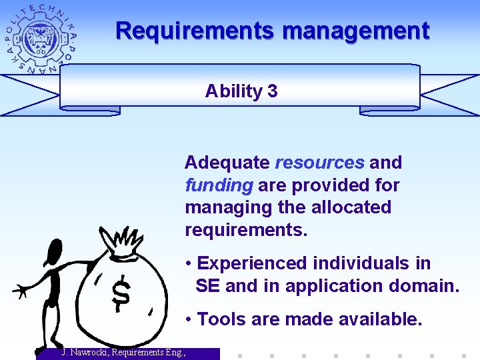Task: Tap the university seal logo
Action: click(x=41, y=38)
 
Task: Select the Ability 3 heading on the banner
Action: click(x=241, y=91)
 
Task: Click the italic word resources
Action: click(x=319, y=163)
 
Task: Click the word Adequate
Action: click(x=227, y=163)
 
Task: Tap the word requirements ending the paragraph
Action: click(x=245, y=230)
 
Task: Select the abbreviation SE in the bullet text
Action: click(x=208, y=286)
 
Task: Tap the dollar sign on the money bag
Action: click(x=121, y=294)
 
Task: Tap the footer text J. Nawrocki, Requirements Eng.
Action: click(x=123, y=353)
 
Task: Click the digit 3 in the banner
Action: click(x=272, y=91)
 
